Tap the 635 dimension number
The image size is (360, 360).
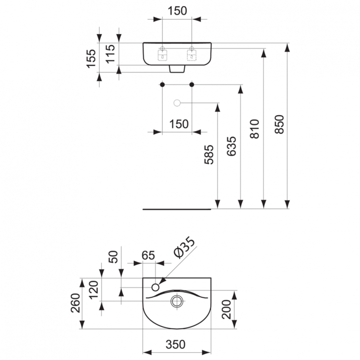click(x=231, y=146)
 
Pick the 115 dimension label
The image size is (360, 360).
click(x=110, y=54)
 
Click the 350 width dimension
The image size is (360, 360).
click(x=177, y=345)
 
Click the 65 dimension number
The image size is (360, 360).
click(x=149, y=255)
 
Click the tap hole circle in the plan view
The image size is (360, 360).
click(x=156, y=287)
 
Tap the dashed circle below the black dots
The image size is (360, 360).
click(x=177, y=103)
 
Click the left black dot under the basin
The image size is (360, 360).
click(x=162, y=85)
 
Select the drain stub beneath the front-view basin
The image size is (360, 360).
click(x=177, y=70)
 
